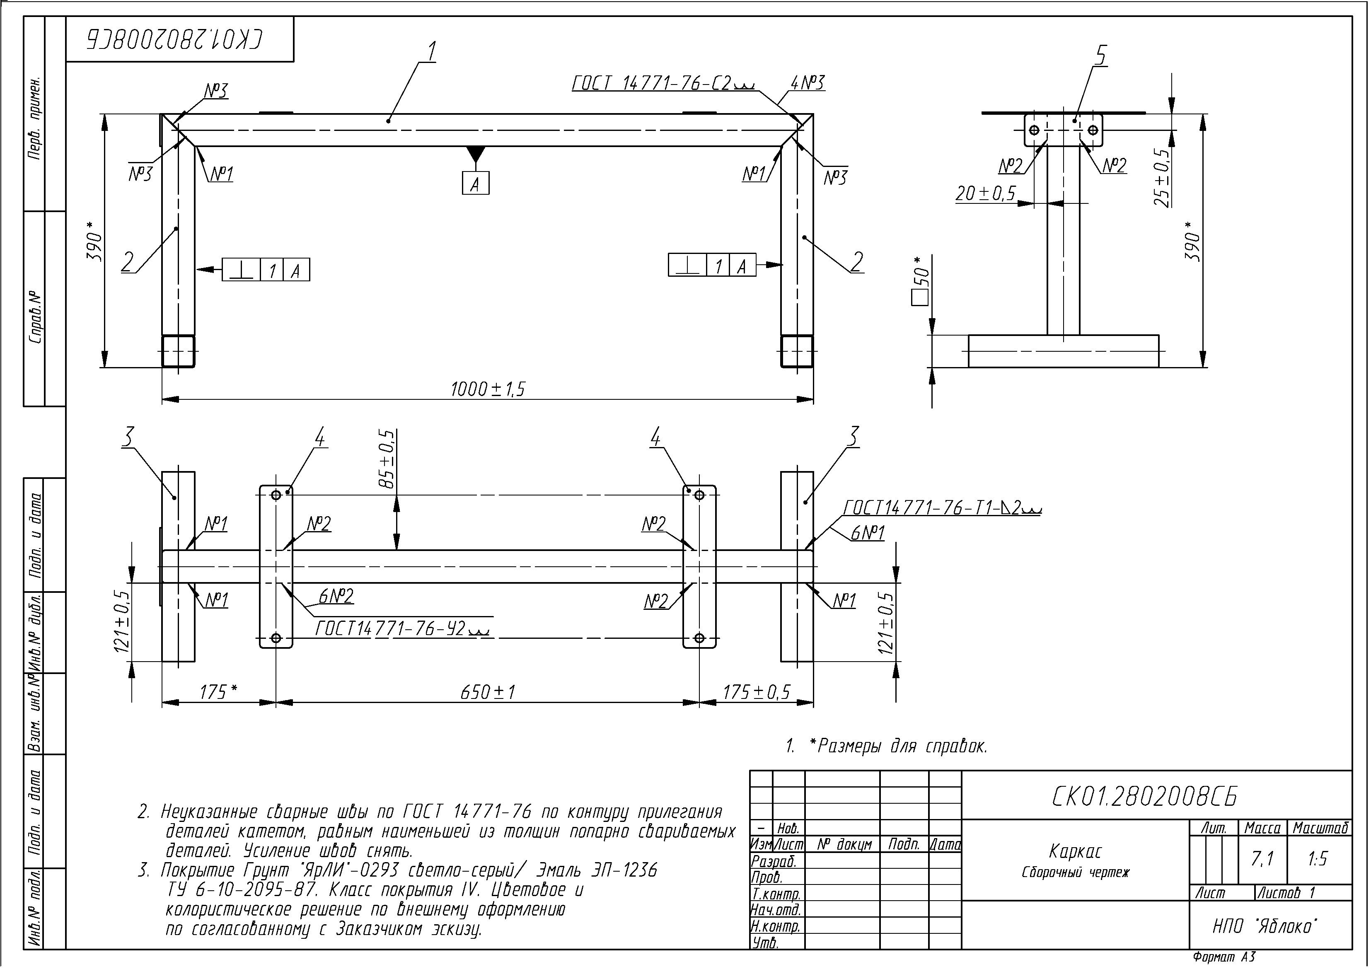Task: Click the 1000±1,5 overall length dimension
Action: (488, 390)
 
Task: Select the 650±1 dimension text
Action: (488, 693)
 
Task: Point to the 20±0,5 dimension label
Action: (986, 193)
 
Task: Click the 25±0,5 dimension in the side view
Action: (1161, 177)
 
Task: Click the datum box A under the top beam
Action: (475, 183)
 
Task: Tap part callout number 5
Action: (1100, 56)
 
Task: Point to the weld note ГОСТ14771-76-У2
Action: (402, 629)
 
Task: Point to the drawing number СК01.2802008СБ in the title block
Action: (1144, 797)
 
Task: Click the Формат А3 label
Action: (1224, 957)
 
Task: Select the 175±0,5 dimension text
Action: (757, 693)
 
